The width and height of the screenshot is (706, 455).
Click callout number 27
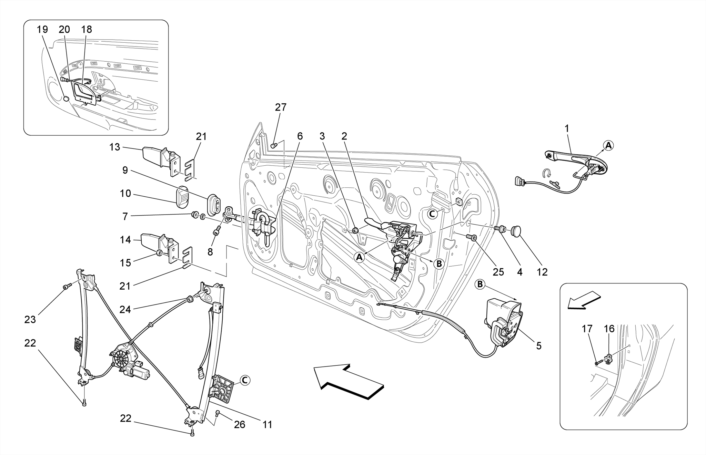(281, 107)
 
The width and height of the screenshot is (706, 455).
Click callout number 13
(114, 147)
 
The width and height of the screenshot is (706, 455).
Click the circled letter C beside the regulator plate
(244, 380)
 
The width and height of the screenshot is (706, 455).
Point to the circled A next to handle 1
(609, 145)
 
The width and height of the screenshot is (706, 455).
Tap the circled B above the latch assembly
(480, 285)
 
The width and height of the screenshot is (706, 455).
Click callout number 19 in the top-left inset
(42, 29)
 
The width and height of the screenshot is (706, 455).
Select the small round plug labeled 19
(67, 99)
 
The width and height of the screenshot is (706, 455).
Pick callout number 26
(240, 424)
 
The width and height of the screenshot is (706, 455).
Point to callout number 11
(268, 424)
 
